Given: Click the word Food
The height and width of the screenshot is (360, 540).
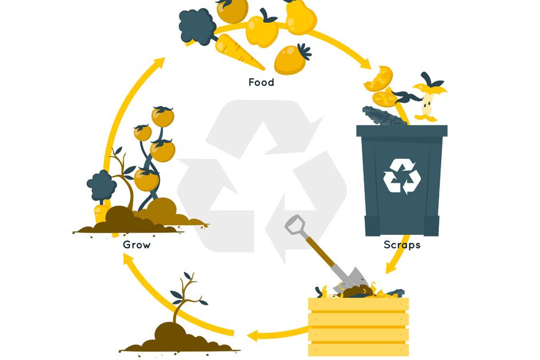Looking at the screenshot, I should point(261,82).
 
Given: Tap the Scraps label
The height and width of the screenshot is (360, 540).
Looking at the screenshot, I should point(402,245).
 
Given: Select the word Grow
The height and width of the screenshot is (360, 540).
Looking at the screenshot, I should point(137,245).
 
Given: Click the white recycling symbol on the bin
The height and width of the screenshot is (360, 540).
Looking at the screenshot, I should point(402,174).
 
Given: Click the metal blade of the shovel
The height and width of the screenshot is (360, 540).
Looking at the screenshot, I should point(351,278).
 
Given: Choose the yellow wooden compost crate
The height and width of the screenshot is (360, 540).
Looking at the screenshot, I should point(358,326).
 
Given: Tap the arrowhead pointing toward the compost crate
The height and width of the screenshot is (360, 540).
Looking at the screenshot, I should point(391,267).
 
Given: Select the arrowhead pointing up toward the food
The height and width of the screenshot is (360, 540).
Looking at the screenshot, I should point(159,63).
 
